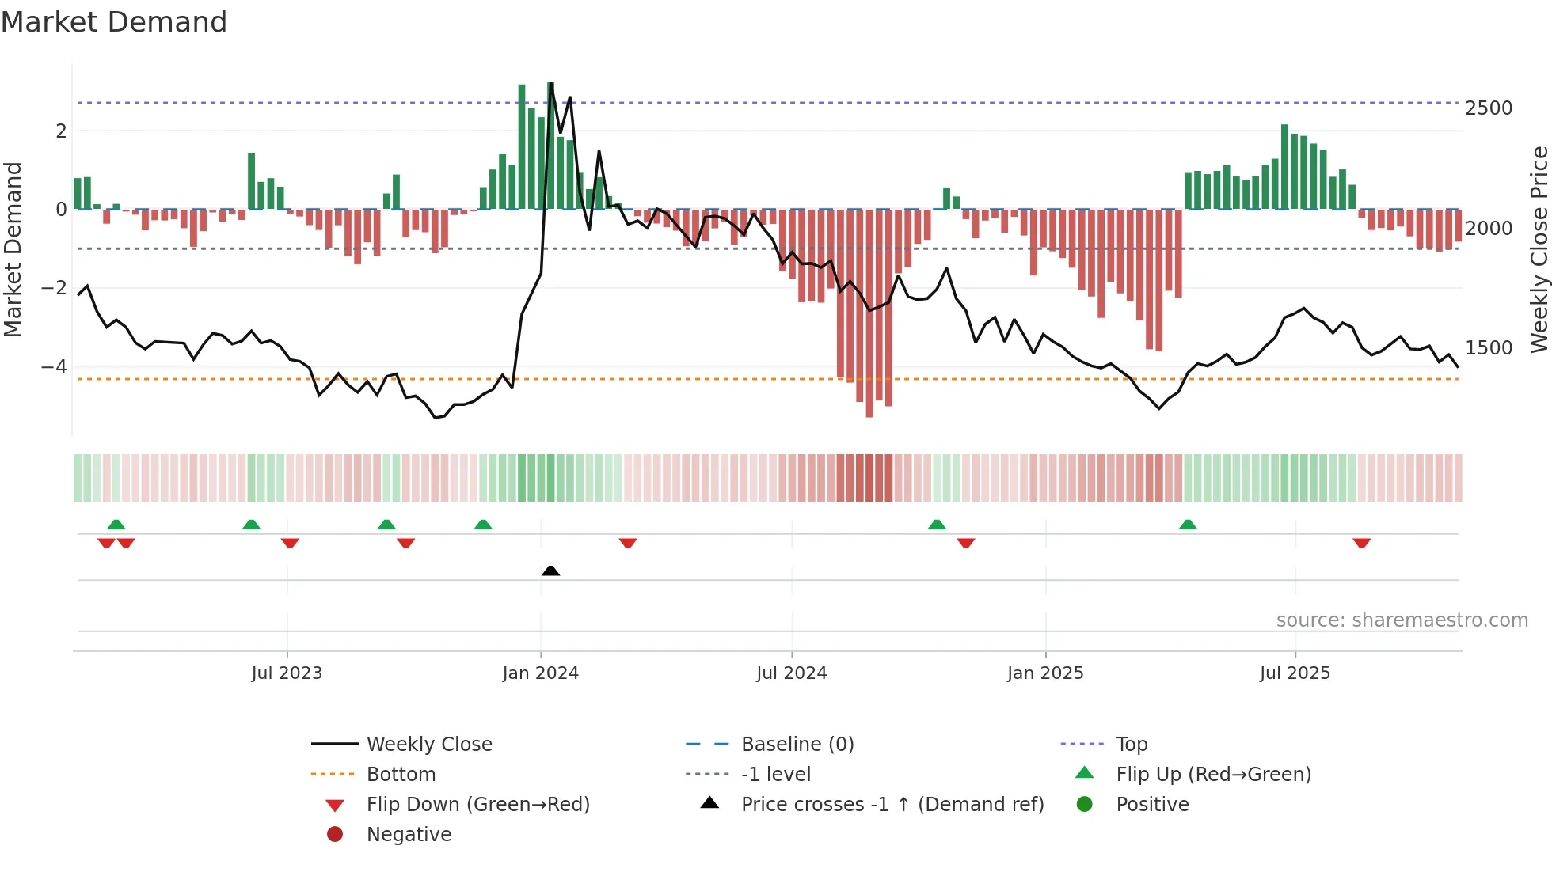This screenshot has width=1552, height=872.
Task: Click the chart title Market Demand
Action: [x=114, y=22]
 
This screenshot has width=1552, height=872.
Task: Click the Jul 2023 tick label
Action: [x=287, y=673]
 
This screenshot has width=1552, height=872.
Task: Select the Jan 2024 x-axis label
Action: [x=540, y=673]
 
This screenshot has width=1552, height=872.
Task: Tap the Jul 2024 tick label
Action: [x=791, y=673]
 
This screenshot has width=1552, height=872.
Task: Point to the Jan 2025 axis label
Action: [x=1045, y=673]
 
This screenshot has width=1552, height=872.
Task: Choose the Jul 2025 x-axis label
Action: [x=1295, y=673]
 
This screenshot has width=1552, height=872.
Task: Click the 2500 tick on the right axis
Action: [x=1489, y=108]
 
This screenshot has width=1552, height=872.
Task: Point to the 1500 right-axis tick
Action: [x=1489, y=348]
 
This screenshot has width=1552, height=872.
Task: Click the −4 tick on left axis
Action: [x=54, y=367]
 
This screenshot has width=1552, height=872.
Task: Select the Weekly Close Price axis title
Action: [x=1539, y=249]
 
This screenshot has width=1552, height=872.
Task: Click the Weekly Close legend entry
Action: [x=428, y=745]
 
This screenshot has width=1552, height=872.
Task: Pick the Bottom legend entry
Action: [x=401, y=775]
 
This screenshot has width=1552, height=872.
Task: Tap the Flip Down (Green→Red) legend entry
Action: [x=477, y=805]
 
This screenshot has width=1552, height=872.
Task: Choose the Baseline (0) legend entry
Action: [x=797, y=745]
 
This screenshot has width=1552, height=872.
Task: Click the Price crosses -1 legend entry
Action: [x=892, y=805]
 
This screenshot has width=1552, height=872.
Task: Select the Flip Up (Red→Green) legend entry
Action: [x=1213, y=775]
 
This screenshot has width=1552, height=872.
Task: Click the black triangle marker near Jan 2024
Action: [x=550, y=571]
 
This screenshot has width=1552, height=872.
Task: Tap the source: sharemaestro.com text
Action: [x=1402, y=620]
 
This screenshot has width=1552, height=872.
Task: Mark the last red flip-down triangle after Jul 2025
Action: [x=1361, y=543]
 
